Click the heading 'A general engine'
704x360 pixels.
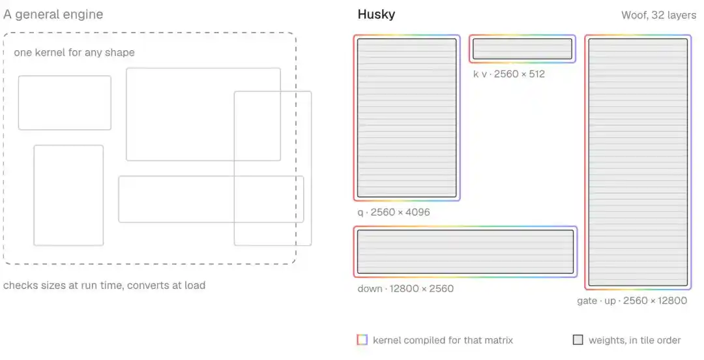(53, 14)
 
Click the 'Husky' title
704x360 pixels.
(376, 14)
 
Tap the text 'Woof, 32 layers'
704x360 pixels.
(658, 15)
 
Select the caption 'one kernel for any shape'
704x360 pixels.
(74, 53)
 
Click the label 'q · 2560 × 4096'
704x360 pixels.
(394, 212)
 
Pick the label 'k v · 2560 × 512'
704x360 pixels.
(508, 74)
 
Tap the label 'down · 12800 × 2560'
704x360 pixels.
(405, 288)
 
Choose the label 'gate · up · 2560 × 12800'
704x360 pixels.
(632, 301)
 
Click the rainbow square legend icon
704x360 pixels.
(362, 340)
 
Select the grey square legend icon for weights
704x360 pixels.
(578, 340)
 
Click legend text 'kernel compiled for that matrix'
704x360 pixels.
(443, 340)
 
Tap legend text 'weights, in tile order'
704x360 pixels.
(635, 340)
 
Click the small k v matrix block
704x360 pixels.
(523, 49)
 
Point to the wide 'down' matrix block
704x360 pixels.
(465, 252)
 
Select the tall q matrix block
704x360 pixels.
(407, 118)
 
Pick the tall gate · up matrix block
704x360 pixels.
(638, 162)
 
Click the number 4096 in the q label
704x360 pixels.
(418, 212)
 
